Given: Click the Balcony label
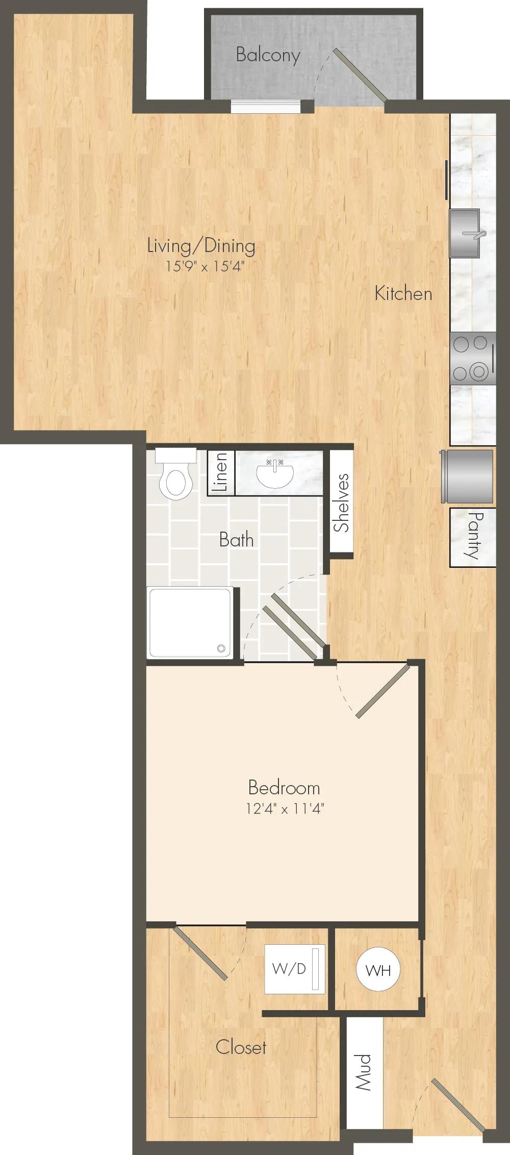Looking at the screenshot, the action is point(268,55).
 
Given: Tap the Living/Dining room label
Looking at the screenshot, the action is point(201,246).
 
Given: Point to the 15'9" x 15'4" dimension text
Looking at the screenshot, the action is point(201,266).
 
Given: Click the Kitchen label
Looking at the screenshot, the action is point(403,293).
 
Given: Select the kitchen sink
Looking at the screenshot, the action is point(465,233).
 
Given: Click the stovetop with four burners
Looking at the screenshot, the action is point(473,358).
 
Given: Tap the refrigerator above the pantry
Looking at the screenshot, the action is point(468,476).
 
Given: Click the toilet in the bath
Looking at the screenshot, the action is point(175,473).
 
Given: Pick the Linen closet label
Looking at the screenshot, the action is point(221,472).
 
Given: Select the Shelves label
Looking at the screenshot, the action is point(342,503).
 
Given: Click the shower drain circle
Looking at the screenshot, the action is point(221,648).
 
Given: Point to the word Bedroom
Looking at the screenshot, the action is point(284,788).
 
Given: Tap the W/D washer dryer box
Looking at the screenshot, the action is point(295,969).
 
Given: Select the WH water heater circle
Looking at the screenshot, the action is point(378,970).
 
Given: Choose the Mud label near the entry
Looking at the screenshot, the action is point(364,1072).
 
